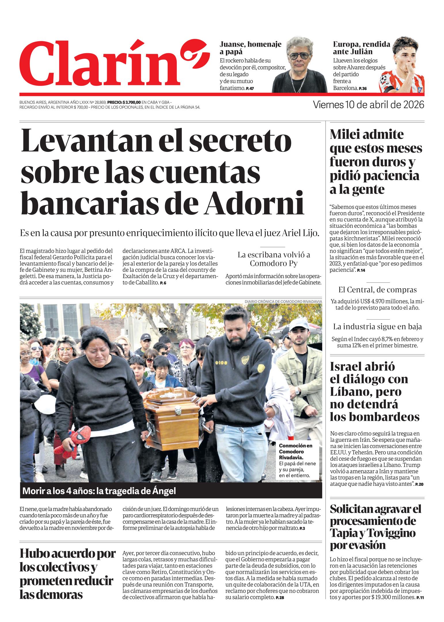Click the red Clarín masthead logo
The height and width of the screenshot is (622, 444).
click(114, 63)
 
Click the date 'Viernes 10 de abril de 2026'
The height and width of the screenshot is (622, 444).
click(368, 105)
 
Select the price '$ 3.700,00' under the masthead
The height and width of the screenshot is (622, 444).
click(132, 102)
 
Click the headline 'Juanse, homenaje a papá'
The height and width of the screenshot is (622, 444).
click(250, 48)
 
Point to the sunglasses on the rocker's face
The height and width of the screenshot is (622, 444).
click(300, 56)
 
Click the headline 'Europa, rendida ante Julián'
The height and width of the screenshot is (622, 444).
click(361, 48)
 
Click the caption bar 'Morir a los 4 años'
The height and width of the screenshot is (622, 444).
click(99, 491)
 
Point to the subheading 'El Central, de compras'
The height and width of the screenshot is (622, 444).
click(377, 290)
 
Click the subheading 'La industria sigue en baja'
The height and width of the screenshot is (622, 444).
click(377, 327)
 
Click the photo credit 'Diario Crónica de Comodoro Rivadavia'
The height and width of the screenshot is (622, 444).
click(283, 301)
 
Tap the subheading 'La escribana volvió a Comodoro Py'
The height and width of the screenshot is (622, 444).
click(273, 259)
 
